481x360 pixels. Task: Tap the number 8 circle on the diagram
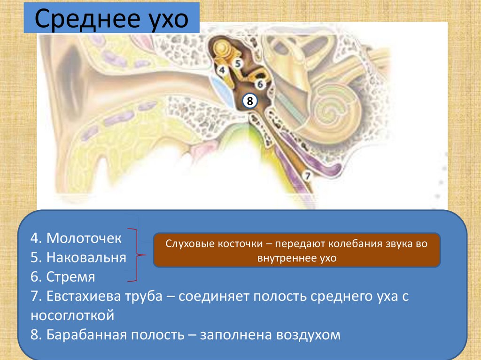(x=250, y=101)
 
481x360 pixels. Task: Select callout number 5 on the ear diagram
(x=238, y=62)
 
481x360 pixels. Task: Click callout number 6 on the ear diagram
(x=260, y=84)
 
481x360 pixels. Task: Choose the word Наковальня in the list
(x=86, y=257)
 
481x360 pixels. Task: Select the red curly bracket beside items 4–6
(x=137, y=256)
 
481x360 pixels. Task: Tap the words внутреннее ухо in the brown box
(x=297, y=258)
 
